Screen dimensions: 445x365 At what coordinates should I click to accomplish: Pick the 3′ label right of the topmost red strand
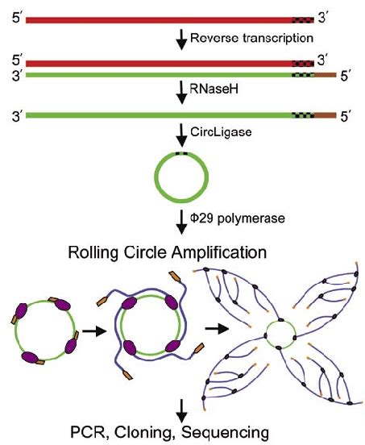pyautogui.click(x=325, y=16)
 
